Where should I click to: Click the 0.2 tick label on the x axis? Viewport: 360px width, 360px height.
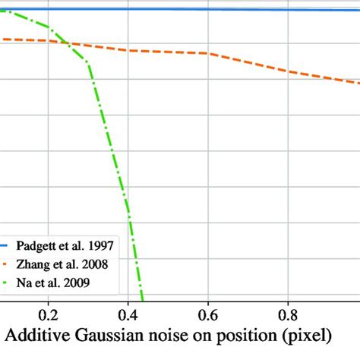click(49, 313)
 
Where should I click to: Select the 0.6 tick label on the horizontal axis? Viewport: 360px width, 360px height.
click(207, 313)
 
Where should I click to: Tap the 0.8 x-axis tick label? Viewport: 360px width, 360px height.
click(288, 313)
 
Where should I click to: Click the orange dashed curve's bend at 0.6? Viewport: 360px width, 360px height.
click(207, 53)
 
